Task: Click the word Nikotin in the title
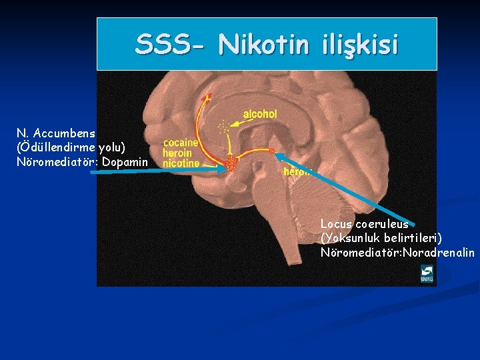coord(263,45)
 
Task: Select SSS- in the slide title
coord(171,45)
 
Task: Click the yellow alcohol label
coord(259,115)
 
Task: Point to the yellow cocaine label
coord(181,143)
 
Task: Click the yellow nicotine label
coord(181,163)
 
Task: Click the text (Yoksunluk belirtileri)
coord(381,238)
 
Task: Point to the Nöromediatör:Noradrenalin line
coord(397,252)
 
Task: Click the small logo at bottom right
coord(427,273)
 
